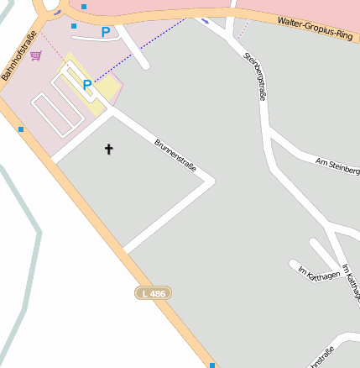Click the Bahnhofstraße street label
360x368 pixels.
point(18,55)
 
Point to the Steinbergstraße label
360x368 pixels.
point(254,78)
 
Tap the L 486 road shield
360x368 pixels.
point(154,293)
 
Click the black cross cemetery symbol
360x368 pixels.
point(107,150)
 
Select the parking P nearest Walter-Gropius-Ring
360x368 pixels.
point(105,32)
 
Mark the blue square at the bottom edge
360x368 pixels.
point(212,365)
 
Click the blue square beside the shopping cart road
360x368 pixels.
point(20,129)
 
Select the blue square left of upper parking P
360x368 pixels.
point(74,26)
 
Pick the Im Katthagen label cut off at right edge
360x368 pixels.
point(352,281)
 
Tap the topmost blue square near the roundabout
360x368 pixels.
point(84,7)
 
